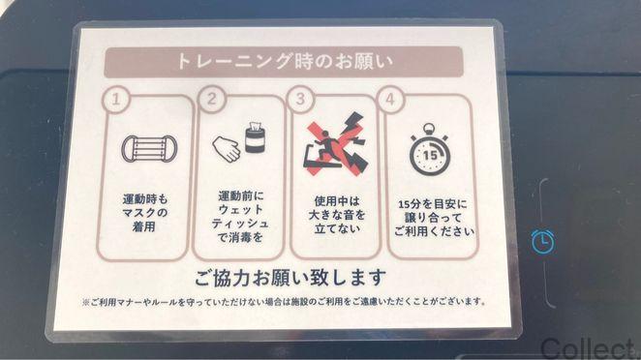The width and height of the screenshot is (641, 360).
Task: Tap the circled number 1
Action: pos(117,99)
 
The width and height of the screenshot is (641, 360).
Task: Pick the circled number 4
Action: pos(391,99)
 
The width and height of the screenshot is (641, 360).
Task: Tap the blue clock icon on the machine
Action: pos(544,240)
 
